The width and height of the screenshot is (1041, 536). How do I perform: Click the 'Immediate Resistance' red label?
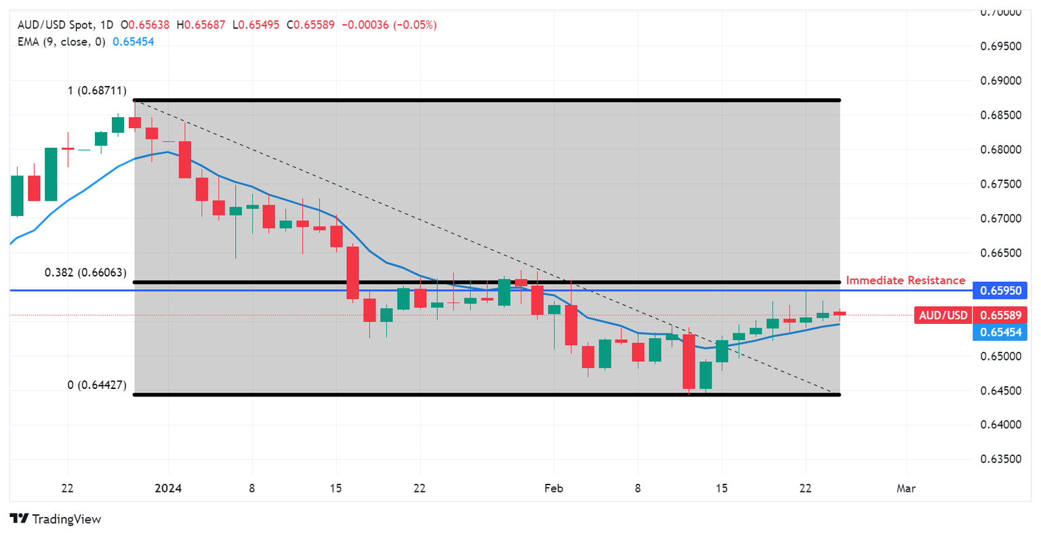(905, 281)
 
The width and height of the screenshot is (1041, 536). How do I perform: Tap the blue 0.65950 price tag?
(1000, 291)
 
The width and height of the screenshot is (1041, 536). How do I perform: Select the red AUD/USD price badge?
(943, 315)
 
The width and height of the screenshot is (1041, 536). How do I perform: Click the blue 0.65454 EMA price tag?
(1000, 332)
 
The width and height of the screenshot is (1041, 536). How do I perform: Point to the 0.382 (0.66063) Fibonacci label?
(85, 272)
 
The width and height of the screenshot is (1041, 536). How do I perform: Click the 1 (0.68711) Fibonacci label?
(97, 91)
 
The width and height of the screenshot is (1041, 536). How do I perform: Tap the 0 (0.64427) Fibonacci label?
(97, 385)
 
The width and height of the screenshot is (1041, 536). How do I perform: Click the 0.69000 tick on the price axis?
(1001, 81)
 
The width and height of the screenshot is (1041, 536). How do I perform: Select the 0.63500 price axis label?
(1001, 459)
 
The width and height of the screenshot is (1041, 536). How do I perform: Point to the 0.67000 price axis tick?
(1001, 218)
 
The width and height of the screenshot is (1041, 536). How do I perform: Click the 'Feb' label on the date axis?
(554, 489)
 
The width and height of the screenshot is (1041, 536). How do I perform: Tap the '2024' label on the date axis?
(168, 489)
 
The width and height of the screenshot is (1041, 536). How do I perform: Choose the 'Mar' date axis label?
(906, 489)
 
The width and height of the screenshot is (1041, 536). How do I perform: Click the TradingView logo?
(56, 519)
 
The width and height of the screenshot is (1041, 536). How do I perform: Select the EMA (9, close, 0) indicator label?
(62, 41)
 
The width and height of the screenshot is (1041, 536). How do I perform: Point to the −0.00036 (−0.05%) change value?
(389, 25)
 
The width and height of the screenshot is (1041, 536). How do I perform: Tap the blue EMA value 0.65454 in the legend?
(133, 41)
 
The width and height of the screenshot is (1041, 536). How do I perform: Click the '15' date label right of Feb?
(721, 489)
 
